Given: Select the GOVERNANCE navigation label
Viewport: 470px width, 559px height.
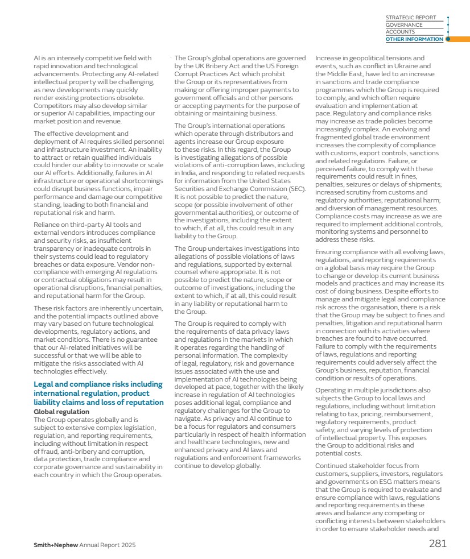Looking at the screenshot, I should (x=404, y=25).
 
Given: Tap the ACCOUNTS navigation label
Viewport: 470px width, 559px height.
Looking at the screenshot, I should (x=400, y=32).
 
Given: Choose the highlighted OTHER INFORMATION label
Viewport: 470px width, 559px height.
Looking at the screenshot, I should (x=414, y=39).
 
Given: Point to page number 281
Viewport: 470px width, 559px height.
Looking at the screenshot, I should (x=438, y=543).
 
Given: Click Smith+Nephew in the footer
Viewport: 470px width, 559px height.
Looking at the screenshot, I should (x=55, y=545).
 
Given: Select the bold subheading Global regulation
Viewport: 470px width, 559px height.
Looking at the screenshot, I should (x=61, y=411).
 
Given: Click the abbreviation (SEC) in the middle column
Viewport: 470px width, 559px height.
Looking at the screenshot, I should (x=296, y=189).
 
